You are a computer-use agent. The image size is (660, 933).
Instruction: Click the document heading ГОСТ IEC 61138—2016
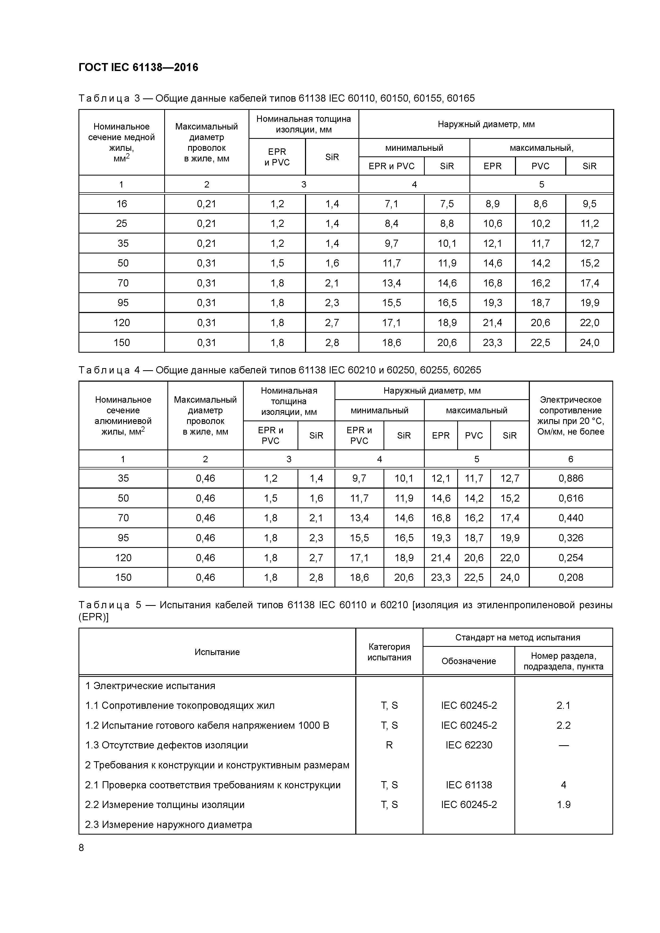click(138, 68)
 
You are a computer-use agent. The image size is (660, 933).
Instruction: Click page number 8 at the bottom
click(81, 848)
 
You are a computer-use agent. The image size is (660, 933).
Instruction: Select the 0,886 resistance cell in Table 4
click(571, 478)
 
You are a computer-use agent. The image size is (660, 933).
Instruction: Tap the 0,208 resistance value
click(571, 577)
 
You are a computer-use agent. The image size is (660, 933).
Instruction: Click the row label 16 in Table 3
click(122, 204)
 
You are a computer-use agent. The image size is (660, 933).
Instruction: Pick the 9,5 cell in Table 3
click(589, 204)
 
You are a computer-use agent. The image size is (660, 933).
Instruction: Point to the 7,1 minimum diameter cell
click(391, 204)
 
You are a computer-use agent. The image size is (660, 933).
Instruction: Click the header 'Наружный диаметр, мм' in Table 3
click(486, 124)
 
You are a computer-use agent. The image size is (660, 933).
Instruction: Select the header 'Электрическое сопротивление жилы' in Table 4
click(571, 416)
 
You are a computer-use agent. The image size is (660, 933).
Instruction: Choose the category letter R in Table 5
click(389, 745)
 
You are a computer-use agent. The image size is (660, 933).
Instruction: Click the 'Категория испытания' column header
click(389, 652)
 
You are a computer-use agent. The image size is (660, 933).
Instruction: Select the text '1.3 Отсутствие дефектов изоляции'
click(167, 745)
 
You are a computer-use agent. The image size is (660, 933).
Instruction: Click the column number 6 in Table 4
click(571, 459)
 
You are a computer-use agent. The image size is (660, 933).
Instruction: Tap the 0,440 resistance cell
click(571, 518)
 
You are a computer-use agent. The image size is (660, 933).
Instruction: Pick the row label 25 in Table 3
click(122, 223)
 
